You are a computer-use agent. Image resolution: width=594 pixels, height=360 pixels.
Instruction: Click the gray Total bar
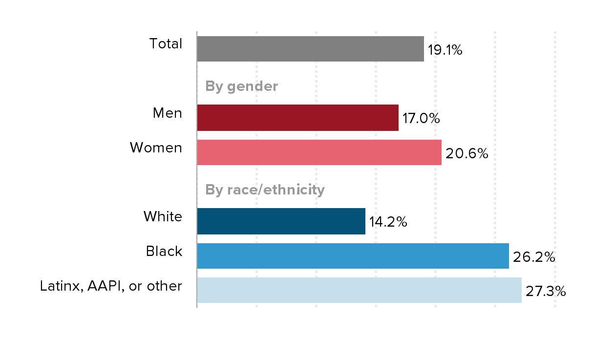click(x=310, y=49)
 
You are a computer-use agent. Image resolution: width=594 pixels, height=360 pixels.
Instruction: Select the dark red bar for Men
click(x=297, y=118)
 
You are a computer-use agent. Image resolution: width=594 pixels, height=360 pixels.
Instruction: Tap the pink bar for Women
click(x=319, y=152)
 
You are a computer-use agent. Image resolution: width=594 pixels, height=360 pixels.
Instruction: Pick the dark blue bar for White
click(x=281, y=221)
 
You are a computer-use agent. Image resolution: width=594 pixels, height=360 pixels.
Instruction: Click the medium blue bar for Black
click(x=353, y=256)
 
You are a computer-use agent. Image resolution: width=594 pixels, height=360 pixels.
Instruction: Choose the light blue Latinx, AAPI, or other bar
click(x=359, y=290)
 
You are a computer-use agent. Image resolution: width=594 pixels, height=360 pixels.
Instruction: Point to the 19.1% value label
click(x=445, y=50)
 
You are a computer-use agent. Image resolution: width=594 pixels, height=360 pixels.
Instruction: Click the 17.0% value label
click(x=421, y=119)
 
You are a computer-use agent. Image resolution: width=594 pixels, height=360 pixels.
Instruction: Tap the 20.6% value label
click(x=467, y=153)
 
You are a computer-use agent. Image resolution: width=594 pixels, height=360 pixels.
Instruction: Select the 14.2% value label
click(x=388, y=222)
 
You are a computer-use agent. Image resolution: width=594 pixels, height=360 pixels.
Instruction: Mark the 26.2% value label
click(x=534, y=257)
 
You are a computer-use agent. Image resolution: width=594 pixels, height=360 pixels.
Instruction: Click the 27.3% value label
click(x=546, y=292)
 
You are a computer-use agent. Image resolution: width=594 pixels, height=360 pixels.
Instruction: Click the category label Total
click(x=166, y=44)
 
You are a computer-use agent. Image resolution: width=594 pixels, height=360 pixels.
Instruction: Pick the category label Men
click(x=167, y=113)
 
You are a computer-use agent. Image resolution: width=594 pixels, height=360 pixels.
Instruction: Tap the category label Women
click(x=156, y=148)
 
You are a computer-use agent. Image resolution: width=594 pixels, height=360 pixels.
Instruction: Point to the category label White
click(x=163, y=216)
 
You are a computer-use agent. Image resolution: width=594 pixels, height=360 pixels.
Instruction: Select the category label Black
click(x=164, y=251)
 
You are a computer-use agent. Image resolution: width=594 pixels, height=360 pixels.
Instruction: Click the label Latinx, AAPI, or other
click(x=111, y=286)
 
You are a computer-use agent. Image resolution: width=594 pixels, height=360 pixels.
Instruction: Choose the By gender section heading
click(x=241, y=86)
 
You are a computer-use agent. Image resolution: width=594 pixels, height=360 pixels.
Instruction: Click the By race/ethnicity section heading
click(x=265, y=190)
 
